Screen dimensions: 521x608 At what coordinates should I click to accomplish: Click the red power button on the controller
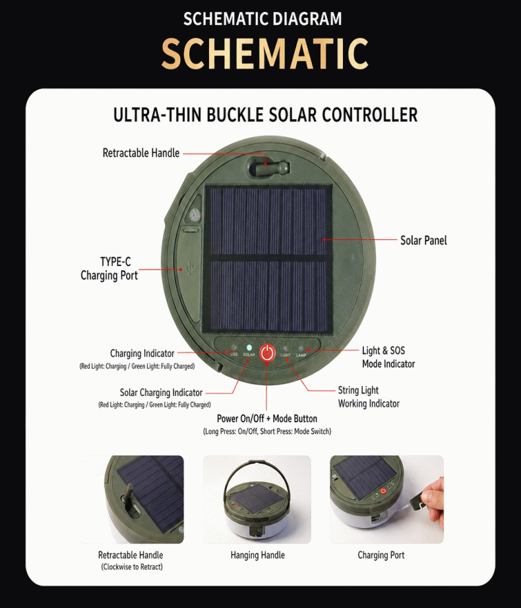pyautogui.click(x=267, y=353)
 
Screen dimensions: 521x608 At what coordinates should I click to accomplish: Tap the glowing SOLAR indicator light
pyautogui.click(x=249, y=348)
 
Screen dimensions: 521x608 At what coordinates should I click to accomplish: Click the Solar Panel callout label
pyautogui.click(x=423, y=240)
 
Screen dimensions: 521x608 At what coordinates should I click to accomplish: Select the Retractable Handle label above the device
pyautogui.click(x=141, y=153)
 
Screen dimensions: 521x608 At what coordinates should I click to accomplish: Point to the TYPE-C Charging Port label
pyautogui.click(x=109, y=268)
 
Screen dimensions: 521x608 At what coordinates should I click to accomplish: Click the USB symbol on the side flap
pyautogui.click(x=189, y=267)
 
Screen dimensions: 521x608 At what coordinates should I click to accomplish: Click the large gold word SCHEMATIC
pyautogui.click(x=264, y=53)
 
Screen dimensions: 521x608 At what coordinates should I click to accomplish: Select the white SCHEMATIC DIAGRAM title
pyautogui.click(x=262, y=19)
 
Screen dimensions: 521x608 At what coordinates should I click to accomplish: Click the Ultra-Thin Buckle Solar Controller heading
pyautogui.click(x=265, y=115)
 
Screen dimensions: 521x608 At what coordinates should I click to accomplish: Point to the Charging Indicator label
pyautogui.click(x=142, y=353)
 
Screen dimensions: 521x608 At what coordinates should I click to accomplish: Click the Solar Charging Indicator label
pyautogui.click(x=161, y=393)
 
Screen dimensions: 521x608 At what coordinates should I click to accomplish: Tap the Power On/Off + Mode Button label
pyautogui.click(x=267, y=418)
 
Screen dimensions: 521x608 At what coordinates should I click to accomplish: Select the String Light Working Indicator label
pyautogui.click(x=369, y=397)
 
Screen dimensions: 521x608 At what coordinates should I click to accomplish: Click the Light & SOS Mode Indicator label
pyautogui.click(x=388, y=357)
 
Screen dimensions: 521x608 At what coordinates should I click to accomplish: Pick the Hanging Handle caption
pyautogui.click(x=258, y=555)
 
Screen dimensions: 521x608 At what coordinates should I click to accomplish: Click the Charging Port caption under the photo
pyautogui.click(x=381, y=555)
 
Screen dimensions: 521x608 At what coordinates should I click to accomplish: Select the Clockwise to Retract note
pyautogui.click(x=132, y=567)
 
